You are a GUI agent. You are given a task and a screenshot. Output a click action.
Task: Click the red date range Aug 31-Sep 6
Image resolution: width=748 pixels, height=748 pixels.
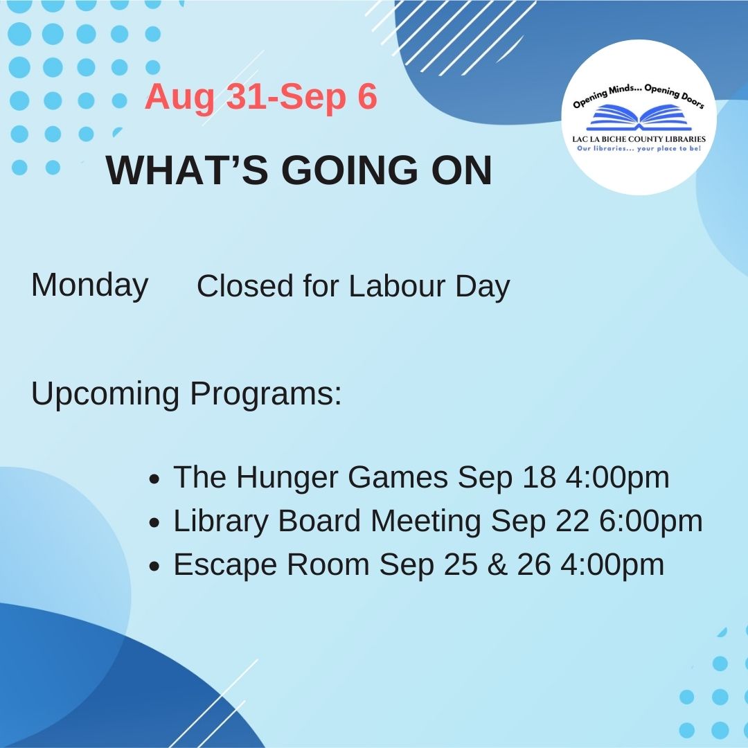tap(260, 98)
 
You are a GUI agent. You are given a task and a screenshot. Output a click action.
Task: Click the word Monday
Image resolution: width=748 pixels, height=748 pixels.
tap(89, 285)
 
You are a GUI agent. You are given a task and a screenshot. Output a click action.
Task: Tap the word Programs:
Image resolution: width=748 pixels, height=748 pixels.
tap(266, 393)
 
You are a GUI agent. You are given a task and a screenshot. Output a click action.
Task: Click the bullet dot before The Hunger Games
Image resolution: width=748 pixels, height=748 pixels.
tap(156, 479)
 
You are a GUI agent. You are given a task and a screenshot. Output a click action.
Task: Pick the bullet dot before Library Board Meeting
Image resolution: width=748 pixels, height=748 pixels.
tap(156, 523)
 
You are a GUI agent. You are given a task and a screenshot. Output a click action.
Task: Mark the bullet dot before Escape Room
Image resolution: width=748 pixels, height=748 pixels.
tap(156, 567)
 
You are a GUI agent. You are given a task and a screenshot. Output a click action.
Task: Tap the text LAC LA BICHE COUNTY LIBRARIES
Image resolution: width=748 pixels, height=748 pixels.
tap(639, 139)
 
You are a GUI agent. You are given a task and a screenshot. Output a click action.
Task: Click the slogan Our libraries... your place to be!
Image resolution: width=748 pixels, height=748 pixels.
tap(639, 148)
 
